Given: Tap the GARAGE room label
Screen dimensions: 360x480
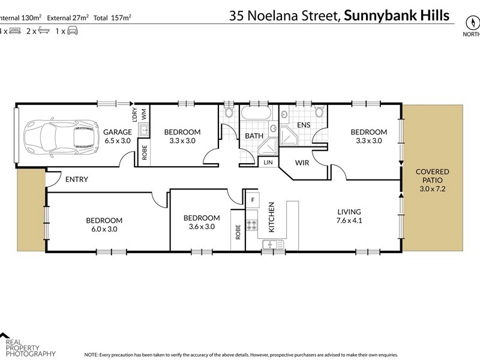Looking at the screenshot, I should pyautogui.click(x=118, y=132).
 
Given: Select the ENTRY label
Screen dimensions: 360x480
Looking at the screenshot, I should pyautogui.click(x=76, y=179).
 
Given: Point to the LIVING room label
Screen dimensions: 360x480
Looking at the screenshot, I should pyautogui.click(x=349, y=212).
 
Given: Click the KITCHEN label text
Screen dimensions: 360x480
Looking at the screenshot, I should pyautogui.click(x=271, y=217).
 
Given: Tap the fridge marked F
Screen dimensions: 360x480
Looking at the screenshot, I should pyautogui.click(x=253, y=200).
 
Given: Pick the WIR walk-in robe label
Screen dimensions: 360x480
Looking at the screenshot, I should pyautogui.click(x=302, y=162).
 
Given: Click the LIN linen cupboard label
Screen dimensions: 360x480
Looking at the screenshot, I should pyautogui.click(x=268, y=162).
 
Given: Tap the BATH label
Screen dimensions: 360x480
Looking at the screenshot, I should pyautogui.click(x=254, y=136).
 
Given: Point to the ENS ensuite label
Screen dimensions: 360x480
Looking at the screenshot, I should pyautogui.click(x=304, y=125).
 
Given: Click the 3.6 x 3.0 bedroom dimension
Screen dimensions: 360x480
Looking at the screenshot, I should pyautogui.click(x=201, y=226).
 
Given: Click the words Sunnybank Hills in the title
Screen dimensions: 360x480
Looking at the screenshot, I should pyautogui.click(x=397, y=16).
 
